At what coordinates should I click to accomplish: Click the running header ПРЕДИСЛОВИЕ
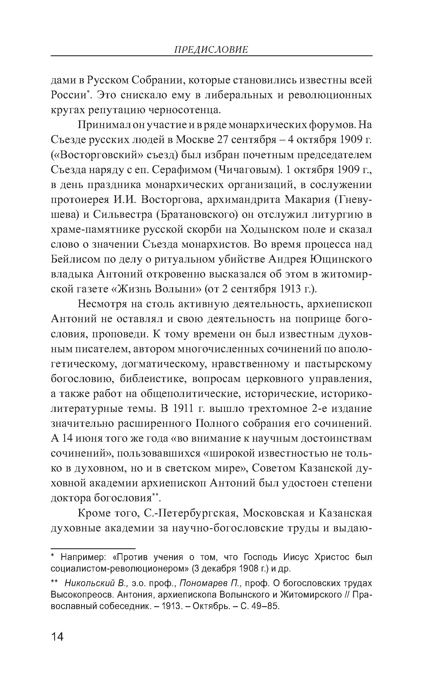pyautogui.click(x=211, y=50)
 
